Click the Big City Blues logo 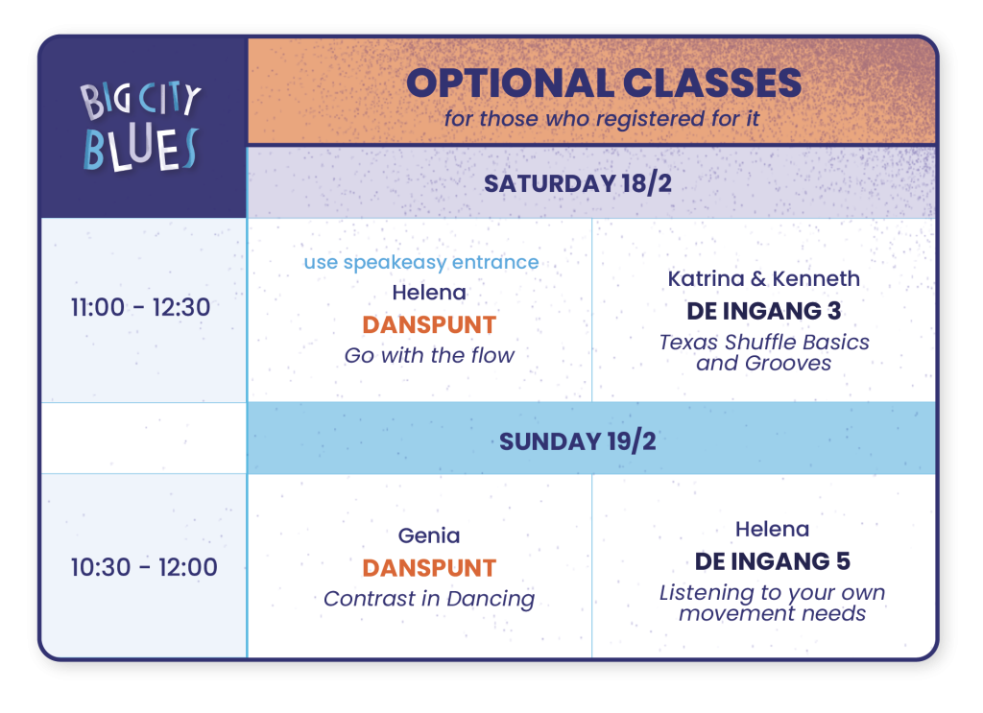pyautogui.click(x=140, y=128)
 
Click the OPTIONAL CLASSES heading pyautogui.click(x=604, y=83)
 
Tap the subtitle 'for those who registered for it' pyautogui.click(x=602, y=118)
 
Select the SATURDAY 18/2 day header pyautogui.click(x=577, y=183)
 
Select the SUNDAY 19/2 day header pyautogui.click(x=577, y=441)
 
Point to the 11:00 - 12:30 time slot pyautogui.click(x=140, y=308)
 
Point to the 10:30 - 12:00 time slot pyautogui.click(x=144, y=568)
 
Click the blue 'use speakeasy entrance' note pyautogui.click(x=421, y=263)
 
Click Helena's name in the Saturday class pyautogui.click(x=429, y=293)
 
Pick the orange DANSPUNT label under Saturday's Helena pyautogui.click(x=429, y=325)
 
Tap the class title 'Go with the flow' pyautogui.click(x=429, y=355)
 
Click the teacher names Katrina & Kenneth pyautogui.click(x=763, y=279)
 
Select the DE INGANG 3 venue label pyautogui.click(x=763, y=311)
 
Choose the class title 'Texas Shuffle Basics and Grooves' pyautogui.click(x=763, y=353)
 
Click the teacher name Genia pyautogui.click(x=429, y=536)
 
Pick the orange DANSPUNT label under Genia pyautogui.click(x=429, y=568)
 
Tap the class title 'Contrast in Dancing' pyautogui.click(x=429, y=599)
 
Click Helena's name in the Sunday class pyautogui.click(x=773, y=530)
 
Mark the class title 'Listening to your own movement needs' pyautogui.click(x=773, y=603)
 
